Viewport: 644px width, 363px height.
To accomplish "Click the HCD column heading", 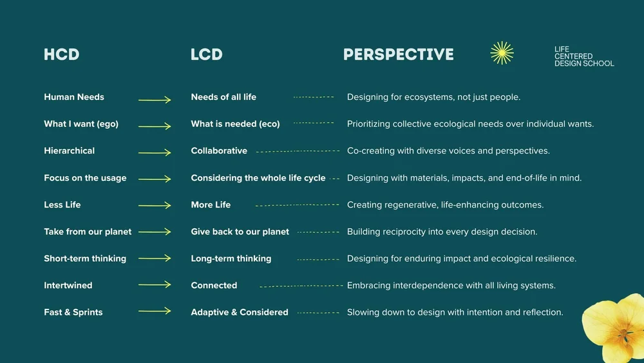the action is tap(61, 55).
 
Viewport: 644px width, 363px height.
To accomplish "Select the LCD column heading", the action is tap(206, 55).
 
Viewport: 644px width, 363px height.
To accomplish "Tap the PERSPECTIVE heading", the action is tap(398, 55).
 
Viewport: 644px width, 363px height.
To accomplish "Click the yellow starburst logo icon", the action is tap(502, 53).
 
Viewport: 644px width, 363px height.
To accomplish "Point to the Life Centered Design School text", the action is tap(583, 56).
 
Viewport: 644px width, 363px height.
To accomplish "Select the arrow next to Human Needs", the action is tap(155, 100).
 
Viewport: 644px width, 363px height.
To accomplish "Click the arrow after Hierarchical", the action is tap(155, 153).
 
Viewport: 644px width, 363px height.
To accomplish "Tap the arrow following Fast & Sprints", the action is tap(155, 311).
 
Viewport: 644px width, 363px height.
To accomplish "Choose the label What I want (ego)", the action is tap(81, 124).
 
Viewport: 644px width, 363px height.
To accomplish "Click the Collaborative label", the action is tap(219, 151).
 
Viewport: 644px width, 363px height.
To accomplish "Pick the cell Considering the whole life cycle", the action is tap(258, 178).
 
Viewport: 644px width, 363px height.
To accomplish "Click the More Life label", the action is tap(211, 205).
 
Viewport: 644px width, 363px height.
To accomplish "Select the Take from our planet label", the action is tap(88, 231).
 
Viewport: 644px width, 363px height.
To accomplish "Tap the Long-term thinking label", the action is tap(231, 259).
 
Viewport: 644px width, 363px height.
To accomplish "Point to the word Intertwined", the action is tap(68, 286).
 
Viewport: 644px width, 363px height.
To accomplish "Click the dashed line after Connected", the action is tap(301, 286).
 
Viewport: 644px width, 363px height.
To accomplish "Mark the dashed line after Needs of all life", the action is tap(314, 97).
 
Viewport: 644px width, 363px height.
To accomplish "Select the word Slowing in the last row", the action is tap(364, 312).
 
